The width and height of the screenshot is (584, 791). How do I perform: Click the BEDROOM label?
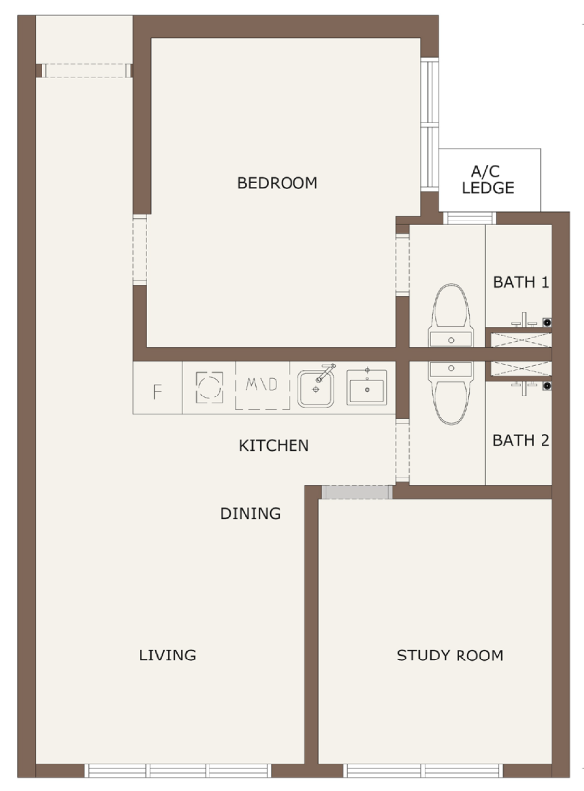coord(278,183)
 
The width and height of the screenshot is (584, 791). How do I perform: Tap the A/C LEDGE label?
coord(488,180)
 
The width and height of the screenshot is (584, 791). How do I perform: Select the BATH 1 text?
coord(521,282)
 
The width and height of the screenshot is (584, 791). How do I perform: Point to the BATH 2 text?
coord(521,440)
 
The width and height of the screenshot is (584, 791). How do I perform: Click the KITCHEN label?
coord(274,446)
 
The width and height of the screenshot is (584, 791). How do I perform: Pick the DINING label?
coord(250,513)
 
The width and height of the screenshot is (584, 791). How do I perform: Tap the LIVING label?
coord(167,655)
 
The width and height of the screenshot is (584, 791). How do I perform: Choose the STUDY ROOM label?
coord(450,656)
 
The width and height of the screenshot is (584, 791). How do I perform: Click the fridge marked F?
coord(157,389)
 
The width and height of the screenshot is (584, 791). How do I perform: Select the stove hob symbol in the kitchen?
coord(209,388)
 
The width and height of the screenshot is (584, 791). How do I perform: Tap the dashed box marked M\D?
coord(262,386)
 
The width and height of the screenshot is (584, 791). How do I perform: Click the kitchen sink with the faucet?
coord(316,388)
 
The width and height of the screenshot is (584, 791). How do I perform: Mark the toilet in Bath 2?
coord(451,394)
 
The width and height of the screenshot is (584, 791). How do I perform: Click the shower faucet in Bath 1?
coord(525,320)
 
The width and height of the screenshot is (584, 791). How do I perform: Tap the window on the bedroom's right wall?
coord(429,126)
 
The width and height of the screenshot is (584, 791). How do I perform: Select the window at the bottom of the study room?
coord(424,771)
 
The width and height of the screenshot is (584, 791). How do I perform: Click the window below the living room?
coord(178,771)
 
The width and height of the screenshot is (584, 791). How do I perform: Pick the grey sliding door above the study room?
coord(357,492)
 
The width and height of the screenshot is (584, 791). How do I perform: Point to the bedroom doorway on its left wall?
coord(140,250)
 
